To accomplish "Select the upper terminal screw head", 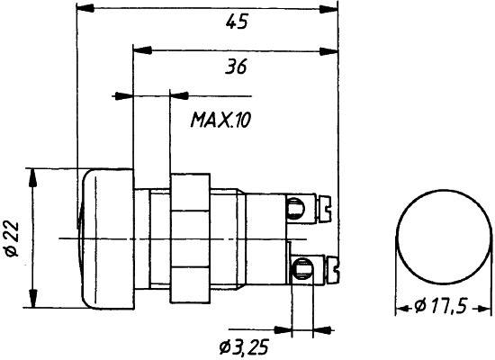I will click(294, 211).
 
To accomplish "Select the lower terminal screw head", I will click(302, 266).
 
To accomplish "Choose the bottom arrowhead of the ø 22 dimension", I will click(34, 301).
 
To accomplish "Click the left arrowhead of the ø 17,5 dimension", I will click(400, 308).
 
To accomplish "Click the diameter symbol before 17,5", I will click(419, 308).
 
